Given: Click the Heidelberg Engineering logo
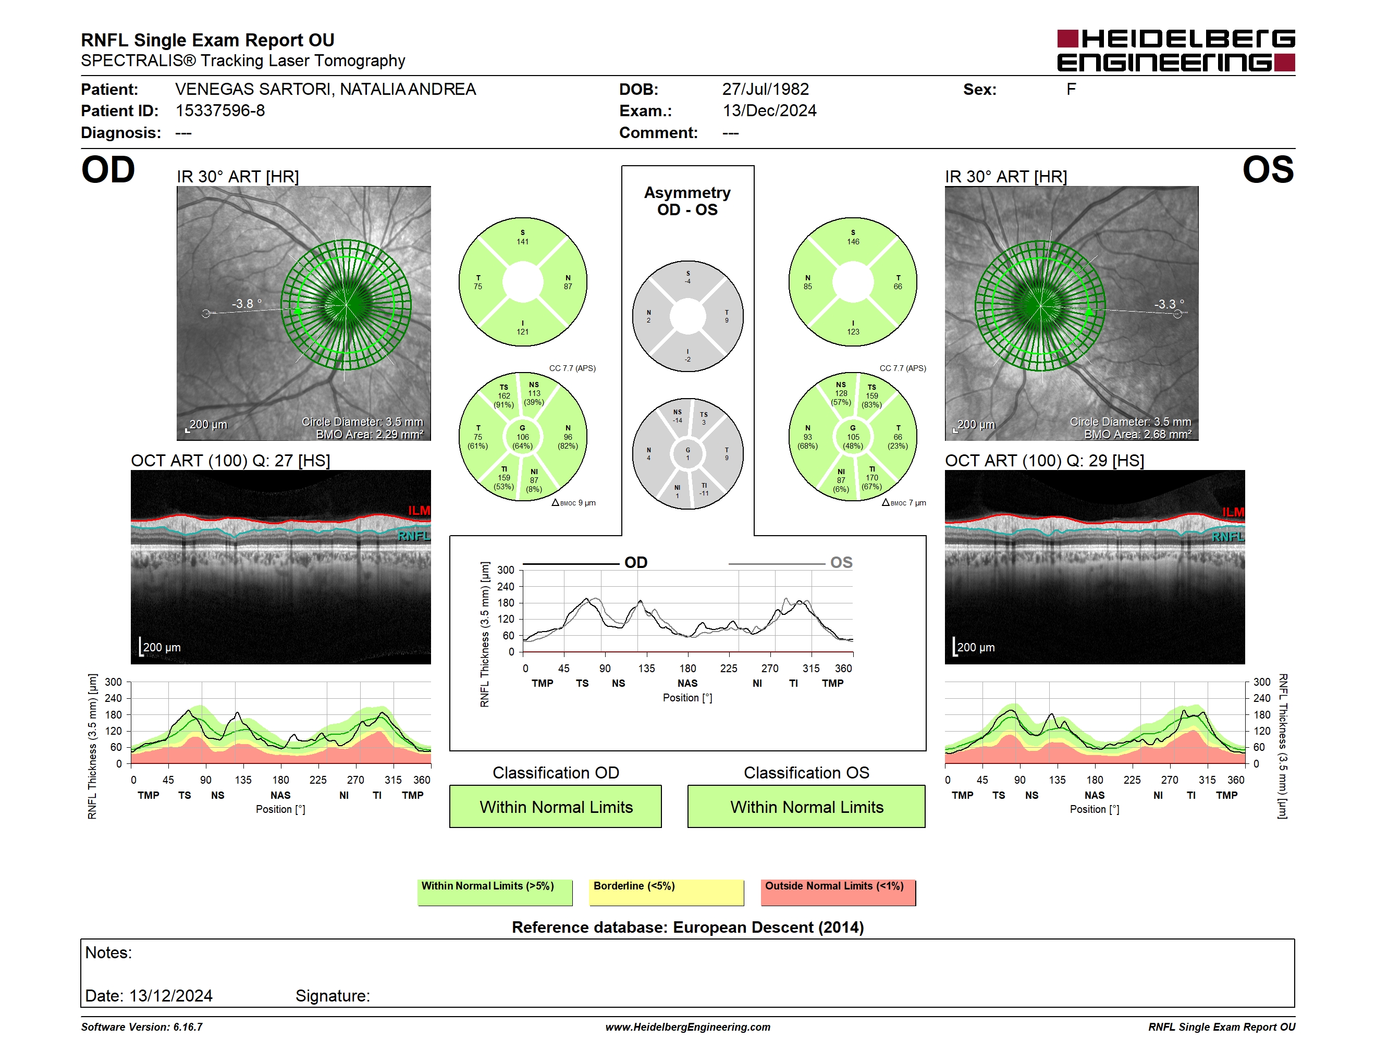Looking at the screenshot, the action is point(1176,51).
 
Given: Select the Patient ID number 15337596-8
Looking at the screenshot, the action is point(220,111).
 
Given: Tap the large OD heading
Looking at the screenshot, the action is point(108,170).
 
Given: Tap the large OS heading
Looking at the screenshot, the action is point(1268,170).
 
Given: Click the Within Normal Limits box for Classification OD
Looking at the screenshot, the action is point(555,806).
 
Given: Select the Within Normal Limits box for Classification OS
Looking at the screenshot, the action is point(806,806).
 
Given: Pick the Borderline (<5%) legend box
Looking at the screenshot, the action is point(666,892).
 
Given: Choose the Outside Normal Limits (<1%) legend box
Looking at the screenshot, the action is point(838,892).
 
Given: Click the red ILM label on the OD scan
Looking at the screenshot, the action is point(419,510).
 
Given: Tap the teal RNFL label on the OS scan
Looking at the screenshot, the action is point(1228,537).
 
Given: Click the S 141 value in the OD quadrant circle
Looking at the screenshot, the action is point(522,238).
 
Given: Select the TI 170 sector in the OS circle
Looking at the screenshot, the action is point(872,478).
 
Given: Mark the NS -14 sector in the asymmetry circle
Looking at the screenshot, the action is point(677,416).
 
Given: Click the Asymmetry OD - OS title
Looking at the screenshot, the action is point(687,201).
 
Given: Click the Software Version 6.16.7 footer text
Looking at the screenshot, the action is point(142,1027).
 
